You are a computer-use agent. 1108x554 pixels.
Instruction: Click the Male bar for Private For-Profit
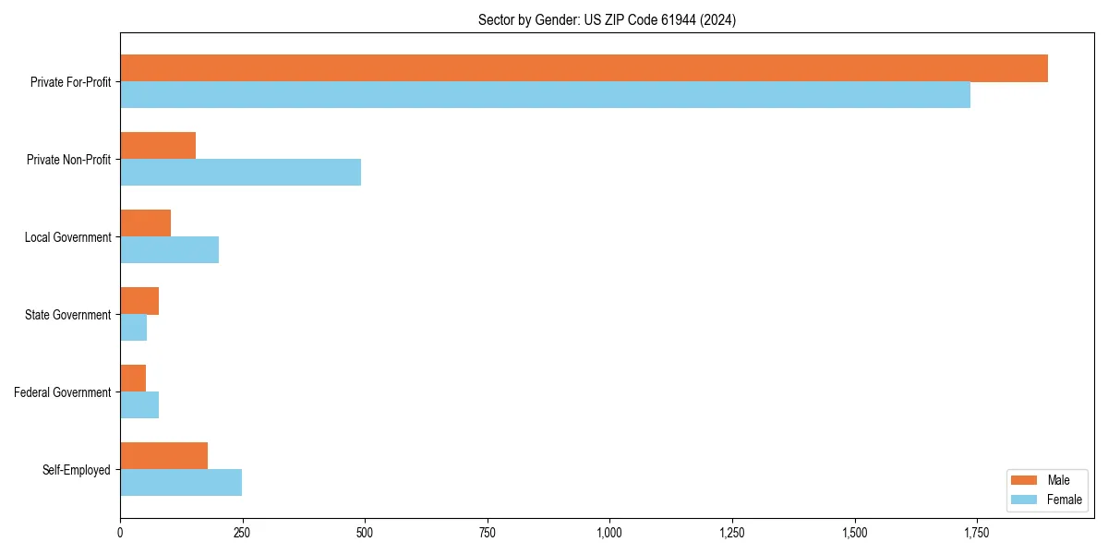click(584, 68)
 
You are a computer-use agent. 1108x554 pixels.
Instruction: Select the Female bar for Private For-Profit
click(545, 95)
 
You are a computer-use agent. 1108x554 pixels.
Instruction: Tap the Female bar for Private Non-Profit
click(240, 173)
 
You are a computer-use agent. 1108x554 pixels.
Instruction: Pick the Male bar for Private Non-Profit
click(158, 146)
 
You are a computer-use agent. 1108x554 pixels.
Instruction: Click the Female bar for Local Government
click(169, 250)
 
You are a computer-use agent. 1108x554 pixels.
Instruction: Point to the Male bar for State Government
click(139, 301)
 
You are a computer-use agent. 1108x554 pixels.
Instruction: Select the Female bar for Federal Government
click(139, 405)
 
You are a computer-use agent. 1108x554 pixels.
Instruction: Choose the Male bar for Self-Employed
click(163, 456)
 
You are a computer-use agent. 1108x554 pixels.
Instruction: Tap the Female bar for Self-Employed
click(181, 483)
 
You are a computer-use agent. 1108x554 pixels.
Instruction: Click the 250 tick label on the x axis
click(242, 533)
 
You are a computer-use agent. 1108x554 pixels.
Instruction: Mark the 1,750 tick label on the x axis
click(977, 533)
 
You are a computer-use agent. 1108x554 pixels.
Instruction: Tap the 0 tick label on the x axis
click(120, 533)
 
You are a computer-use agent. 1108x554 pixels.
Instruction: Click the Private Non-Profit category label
click(68, 160)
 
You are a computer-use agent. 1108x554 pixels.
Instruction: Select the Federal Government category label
click(62, 392)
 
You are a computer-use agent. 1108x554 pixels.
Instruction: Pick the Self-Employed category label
click(76, 470)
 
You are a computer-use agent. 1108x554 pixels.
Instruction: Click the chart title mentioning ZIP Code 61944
click(607, 19)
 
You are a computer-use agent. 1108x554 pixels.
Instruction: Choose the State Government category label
click(67, 315)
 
